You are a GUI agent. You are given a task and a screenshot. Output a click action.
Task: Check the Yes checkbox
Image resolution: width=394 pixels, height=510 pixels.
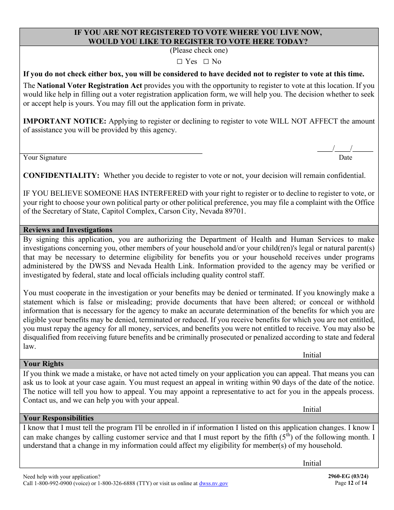[180, 62]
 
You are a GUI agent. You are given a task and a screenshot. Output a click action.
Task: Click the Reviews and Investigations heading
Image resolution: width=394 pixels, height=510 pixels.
[68, 230]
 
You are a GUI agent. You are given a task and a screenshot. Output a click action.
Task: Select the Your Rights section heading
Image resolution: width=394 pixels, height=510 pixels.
[44, 364]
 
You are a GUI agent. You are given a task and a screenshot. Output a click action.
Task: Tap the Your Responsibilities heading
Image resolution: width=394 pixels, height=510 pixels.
[58, 418]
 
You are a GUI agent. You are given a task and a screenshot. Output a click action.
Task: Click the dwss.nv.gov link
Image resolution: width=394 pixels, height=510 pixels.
[214, 483]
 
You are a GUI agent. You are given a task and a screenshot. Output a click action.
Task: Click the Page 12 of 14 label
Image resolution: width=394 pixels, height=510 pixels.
[351, 483]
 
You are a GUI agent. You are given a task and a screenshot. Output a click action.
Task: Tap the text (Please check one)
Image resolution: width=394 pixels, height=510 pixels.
[199, 51]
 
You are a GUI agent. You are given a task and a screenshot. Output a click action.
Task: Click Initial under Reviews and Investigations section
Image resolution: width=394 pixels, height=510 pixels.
[312, 355]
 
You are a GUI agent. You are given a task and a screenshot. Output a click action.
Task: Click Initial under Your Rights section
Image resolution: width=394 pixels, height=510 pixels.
[312, 409]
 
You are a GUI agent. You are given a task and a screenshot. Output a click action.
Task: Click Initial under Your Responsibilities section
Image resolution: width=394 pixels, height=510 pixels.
[312, 464]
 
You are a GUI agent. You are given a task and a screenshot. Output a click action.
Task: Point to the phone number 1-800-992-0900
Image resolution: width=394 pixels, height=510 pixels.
[52, 483]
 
